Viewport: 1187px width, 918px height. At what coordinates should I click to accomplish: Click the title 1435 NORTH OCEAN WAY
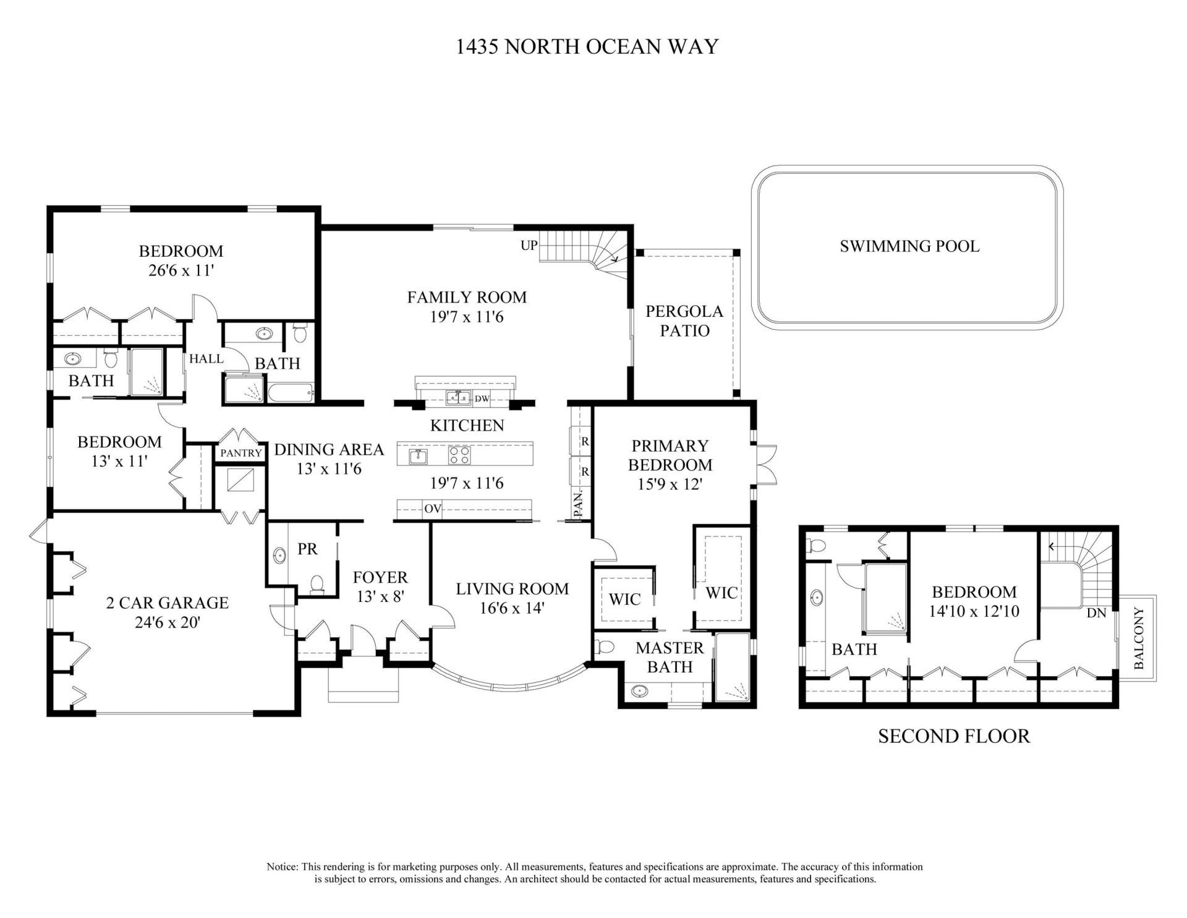tap(587, 47)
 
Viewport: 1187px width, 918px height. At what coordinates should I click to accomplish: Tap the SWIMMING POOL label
tap(909, 246)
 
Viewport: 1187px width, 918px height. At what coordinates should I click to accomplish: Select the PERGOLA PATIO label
tap(684, 320)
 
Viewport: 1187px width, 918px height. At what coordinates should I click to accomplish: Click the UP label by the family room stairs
tap(529, 246)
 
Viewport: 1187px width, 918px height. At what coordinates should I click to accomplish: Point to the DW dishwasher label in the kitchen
tap(482, 399)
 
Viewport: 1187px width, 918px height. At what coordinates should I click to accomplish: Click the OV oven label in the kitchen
tap(432, 509)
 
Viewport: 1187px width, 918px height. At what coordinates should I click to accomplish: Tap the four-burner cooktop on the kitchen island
tap(459, 456)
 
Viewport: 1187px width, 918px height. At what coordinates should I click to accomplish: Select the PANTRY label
tap(240, 453)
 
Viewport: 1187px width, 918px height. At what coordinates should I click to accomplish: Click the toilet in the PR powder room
tap(317, 585)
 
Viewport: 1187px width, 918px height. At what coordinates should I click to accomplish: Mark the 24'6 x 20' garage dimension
tap(168, 622)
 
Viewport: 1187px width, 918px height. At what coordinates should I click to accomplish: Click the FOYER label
tap(380, 577)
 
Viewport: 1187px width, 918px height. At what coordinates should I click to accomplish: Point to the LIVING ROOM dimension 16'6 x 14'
tap(511, 608)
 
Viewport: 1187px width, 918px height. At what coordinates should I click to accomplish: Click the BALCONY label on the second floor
tap(1139, 638)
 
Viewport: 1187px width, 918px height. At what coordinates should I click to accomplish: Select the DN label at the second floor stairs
tap(1096, 614)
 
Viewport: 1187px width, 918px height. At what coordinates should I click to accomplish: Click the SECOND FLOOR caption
tap(953, 736)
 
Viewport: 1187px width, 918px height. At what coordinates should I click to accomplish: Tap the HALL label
tap(206, 358)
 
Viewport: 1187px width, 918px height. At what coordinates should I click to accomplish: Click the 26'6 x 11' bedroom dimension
tap(181, 270)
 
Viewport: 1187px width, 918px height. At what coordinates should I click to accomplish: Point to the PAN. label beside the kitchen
tap(579, 504)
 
